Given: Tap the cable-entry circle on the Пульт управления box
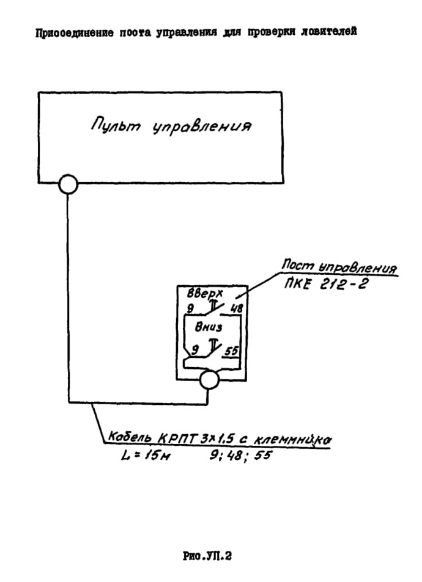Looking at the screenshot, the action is click(68, 184).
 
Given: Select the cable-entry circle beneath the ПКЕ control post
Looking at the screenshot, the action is click(209, 379).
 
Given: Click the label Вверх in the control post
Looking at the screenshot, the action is click(205, 294).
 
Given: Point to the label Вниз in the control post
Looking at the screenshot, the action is click(209, 327).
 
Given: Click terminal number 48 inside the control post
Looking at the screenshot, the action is click(236, 307).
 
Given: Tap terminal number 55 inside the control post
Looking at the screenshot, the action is click(231, 351).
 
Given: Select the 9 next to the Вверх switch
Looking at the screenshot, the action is click(190, 308).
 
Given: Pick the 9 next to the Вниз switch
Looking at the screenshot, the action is click(195, 349).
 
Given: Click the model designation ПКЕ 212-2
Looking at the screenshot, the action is click(326, 285).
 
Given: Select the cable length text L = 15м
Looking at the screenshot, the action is click(146, 455).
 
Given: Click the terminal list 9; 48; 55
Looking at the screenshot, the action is click(240, 455).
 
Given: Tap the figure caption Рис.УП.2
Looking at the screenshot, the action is click(207, 556).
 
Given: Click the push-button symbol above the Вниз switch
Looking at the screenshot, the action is click(213, 345).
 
